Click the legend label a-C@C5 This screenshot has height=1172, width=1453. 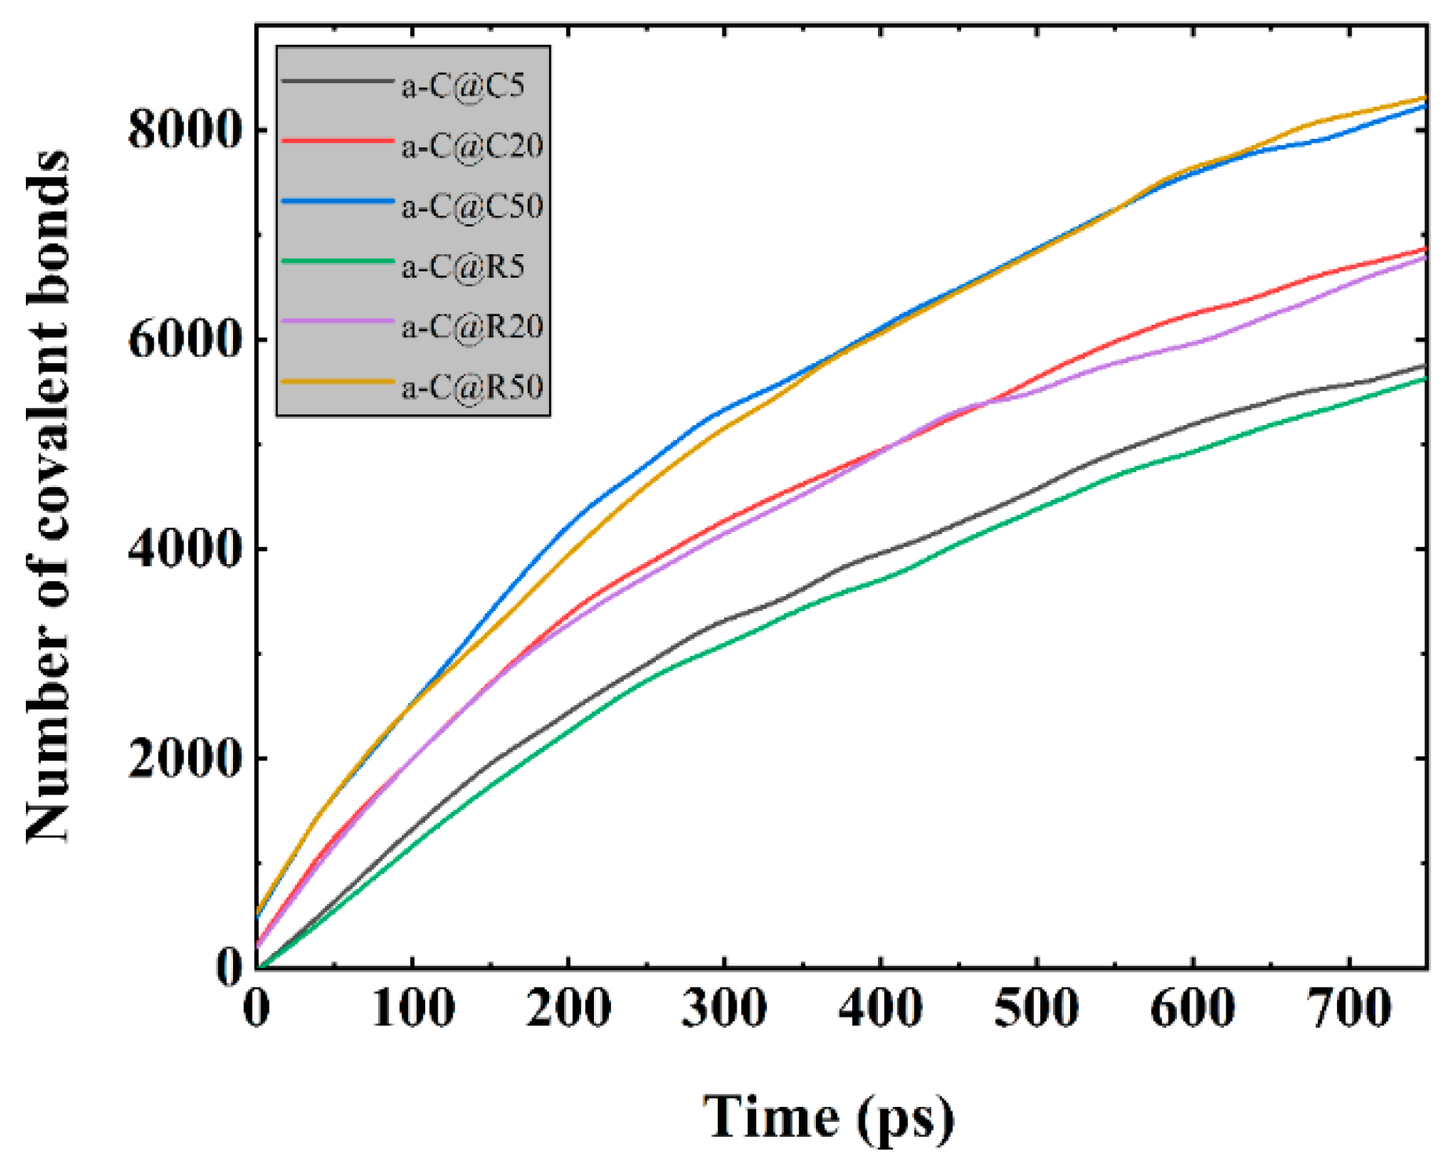(463, 86)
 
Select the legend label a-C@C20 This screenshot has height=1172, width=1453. (472, 146)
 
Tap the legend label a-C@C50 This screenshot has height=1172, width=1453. (472, 206)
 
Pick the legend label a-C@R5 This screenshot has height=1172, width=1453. (463, 267)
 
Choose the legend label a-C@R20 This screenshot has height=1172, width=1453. (472, 326)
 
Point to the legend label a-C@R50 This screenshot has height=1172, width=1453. (472, 387)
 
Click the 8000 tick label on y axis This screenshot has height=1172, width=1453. (183, 129)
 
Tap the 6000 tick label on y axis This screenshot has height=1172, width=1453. (183, 340)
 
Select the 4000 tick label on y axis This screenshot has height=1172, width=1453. (183, 549)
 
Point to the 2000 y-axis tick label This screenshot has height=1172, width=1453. (183, 759)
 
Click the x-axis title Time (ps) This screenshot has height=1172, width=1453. (828, 1117)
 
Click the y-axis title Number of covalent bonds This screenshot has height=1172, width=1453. (49, 497)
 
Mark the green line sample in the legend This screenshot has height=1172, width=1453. (337, 261)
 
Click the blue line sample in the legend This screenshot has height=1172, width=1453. (337, 202)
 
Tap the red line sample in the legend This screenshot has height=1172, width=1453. (337, 141)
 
